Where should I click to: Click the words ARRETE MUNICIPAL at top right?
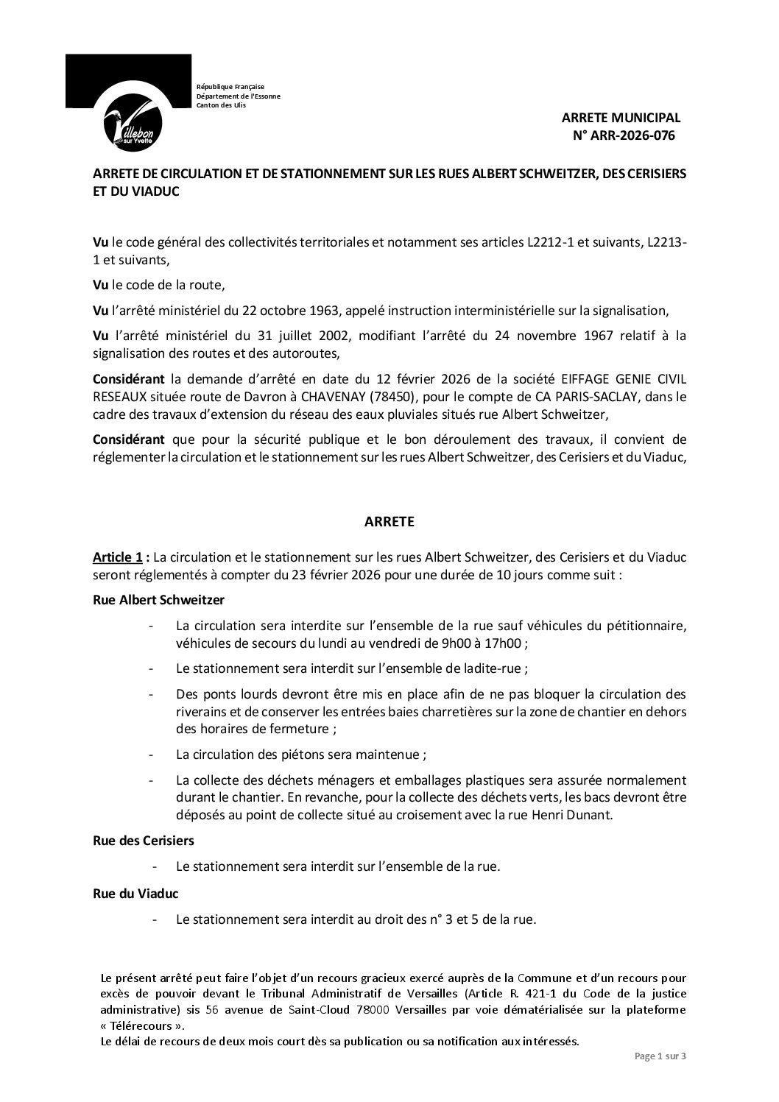[x=621, y=117]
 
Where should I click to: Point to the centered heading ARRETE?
[x=389, y=522]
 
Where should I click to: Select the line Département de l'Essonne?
[x=238, y=96]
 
